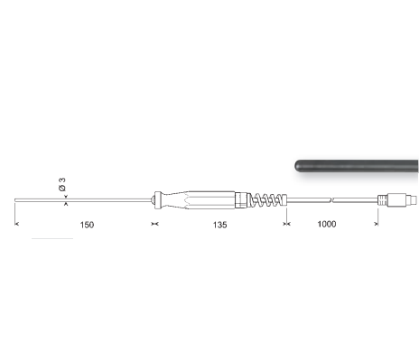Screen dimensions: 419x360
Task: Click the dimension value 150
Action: pyautogui.click(x=87, y=225)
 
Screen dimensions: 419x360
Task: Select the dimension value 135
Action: pyautogui.click(x=219, y=225)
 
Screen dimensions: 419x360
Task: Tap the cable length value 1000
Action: pyautogui.click(x=327, y=224)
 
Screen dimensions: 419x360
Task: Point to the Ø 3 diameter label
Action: pyautogui.click(x=62, y=184)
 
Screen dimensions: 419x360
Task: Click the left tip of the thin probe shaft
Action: pyautogui.click(x=15, y=200)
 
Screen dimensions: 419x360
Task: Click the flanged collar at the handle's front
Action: pyautogui.click(x=157, y=200)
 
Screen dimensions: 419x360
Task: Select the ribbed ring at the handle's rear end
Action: pyautogui.click(x=241, y=200)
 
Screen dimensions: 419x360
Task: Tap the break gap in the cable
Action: pyautogui.click(x=332, y=200)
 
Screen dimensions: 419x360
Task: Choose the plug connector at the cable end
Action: pyautogui.click(x=397, y=200)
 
